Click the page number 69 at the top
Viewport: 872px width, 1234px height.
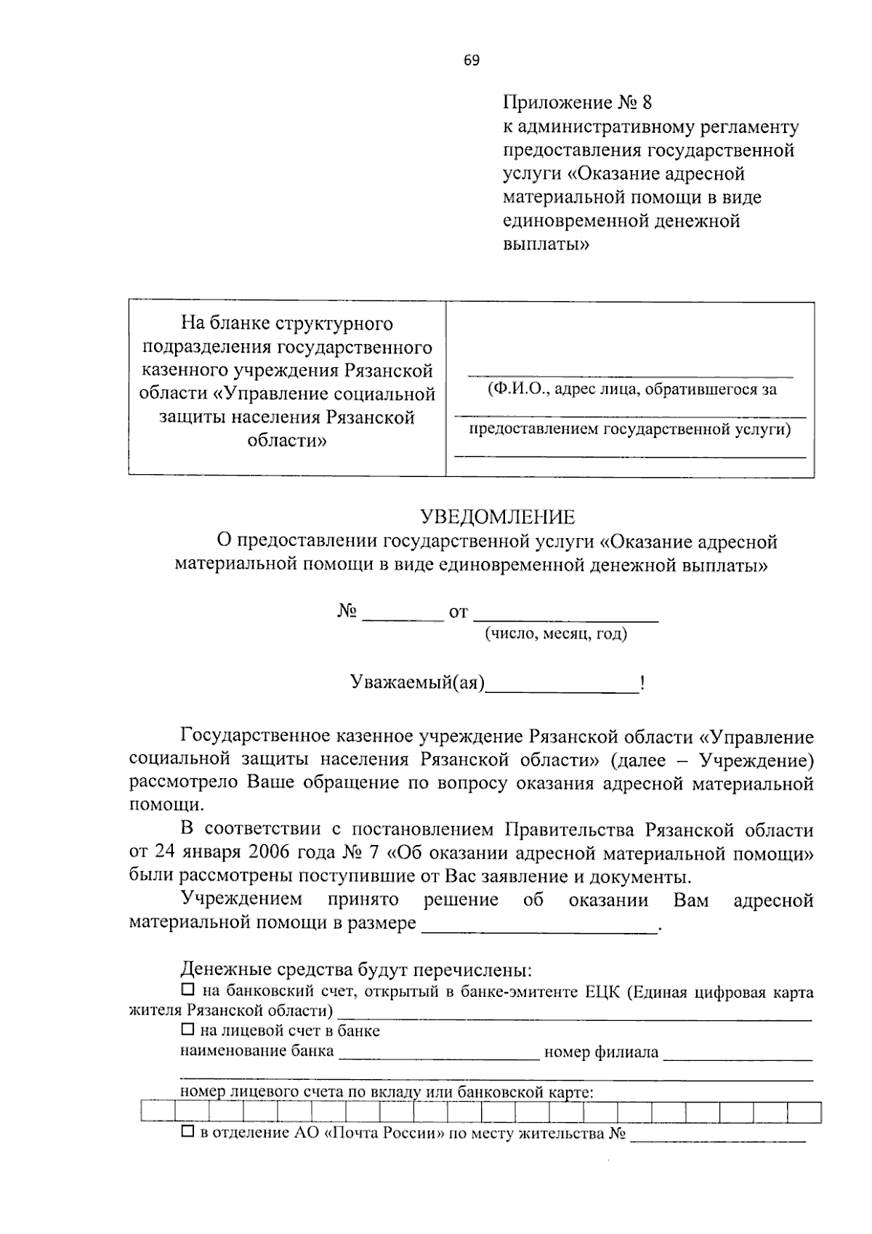click(472, 61)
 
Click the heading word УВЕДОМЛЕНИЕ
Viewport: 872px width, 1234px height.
click(498, 517)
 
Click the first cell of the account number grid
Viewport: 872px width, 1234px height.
click(158, 1113)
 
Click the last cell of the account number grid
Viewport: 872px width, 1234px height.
click(804, 1113)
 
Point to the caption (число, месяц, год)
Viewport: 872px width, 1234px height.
click(556, 634)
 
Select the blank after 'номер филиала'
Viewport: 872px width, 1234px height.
click(738, 1052)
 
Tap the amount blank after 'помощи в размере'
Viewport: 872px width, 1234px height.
click(538, 924)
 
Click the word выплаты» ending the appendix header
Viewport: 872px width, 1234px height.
click(546, 244)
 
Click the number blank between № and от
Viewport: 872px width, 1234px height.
click(403, 613)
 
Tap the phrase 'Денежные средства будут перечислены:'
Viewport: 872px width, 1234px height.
click(356, 969)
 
